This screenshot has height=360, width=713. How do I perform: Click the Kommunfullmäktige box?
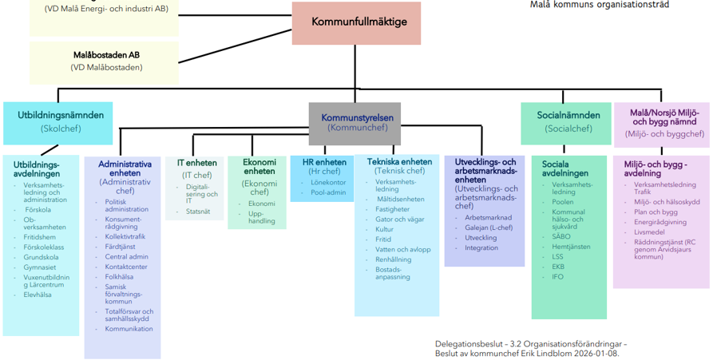pos(355,23)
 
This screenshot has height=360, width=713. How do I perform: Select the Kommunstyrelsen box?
pos(355,122)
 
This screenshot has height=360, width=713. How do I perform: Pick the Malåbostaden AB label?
pos(106,55)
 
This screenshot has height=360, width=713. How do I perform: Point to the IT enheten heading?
pos(196,163)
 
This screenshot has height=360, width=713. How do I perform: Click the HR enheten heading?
pos(324,162)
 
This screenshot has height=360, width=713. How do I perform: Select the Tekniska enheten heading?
pos(399,161)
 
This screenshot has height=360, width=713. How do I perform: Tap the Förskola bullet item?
pos(38,210)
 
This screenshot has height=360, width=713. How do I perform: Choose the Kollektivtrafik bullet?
pos(125,236)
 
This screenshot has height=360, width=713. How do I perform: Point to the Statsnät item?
pos(198,212)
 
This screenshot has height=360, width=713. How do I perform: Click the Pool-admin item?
pos(327,192)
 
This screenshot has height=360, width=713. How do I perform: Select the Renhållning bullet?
pos(394,259)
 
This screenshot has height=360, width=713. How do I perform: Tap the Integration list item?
pos(481,247)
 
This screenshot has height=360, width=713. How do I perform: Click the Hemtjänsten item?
pos(571,247)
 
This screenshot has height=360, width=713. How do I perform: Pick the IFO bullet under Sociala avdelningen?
pos(558,276)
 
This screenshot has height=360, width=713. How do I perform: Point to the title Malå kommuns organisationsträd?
pos(600,5)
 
